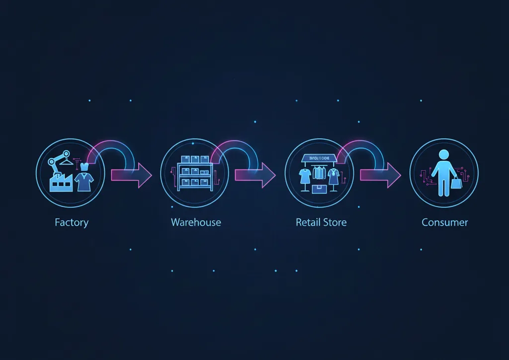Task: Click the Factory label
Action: tap(71, 222)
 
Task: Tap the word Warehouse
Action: tap(196, 222)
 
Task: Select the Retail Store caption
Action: tap(321, 222)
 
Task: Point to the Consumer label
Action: tap(444, 222)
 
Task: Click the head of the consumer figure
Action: tap(444, 155)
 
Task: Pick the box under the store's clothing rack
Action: tap(319, 189)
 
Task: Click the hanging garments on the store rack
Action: tap(319, 173)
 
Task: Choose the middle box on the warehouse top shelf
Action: tap(194, 160)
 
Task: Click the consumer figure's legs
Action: tap(444, 186)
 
